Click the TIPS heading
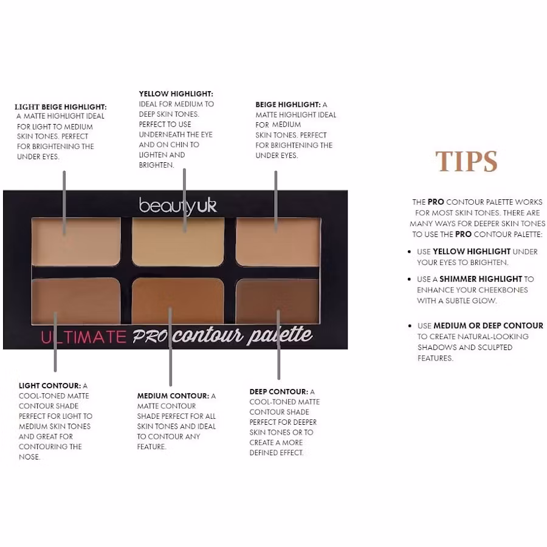[466, 161]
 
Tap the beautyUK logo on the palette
[178, 205]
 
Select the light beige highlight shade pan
[76, 242]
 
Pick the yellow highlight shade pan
[178, 242]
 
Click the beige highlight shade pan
[278, 242]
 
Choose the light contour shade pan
[76, 300]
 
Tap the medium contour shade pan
[178, 300]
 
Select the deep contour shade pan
[278, 300]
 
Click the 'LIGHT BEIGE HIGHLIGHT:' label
[61, 107]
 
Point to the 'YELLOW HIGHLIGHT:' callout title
[176, 94]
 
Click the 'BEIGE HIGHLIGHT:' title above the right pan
[288, 105]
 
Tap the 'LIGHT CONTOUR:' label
[50, 386]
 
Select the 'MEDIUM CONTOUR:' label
[173, 396]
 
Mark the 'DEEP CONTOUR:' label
[279, 392]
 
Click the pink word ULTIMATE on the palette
[84, 337]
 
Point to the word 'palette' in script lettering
[279, 335]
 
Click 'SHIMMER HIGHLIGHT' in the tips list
[481, 279]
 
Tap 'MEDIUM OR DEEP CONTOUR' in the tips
[489, 326]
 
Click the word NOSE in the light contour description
[29, 457]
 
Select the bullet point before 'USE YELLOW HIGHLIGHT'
[410, 252]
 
